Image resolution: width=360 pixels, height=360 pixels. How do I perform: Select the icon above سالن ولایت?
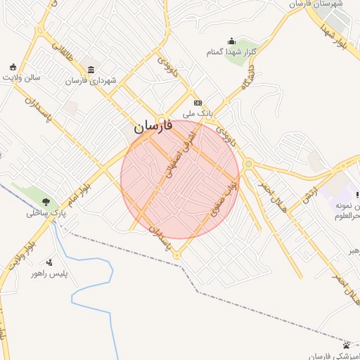tap(12, 67)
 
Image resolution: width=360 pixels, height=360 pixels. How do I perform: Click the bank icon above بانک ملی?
tap(198, 102)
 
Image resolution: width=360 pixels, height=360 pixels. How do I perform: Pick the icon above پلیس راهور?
tap(49, 262)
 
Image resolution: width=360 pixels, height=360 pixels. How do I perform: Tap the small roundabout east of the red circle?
tap(248, 165)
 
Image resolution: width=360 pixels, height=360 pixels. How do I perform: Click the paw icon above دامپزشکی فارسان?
tap(347, 345)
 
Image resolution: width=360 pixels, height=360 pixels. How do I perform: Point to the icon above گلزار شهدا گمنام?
tap(231, 41)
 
